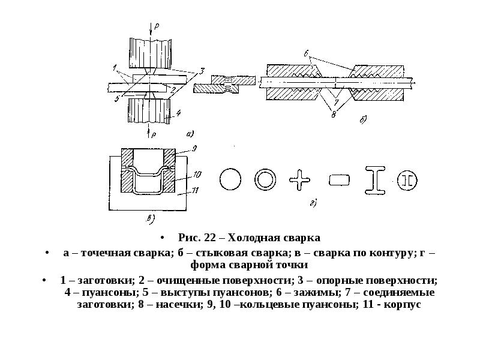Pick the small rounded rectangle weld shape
(339, 180)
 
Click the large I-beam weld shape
(375, 181)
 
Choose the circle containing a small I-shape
(407, 181)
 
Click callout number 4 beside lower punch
(178, 113)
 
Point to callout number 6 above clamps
(307, 53)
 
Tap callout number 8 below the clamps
(334, 115)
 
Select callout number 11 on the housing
(194, 191)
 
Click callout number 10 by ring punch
(197, 175)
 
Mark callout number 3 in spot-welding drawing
(202, 71)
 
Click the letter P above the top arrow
(157, 26)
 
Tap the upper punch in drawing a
(150, 53)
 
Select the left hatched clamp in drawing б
(293, 82)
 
